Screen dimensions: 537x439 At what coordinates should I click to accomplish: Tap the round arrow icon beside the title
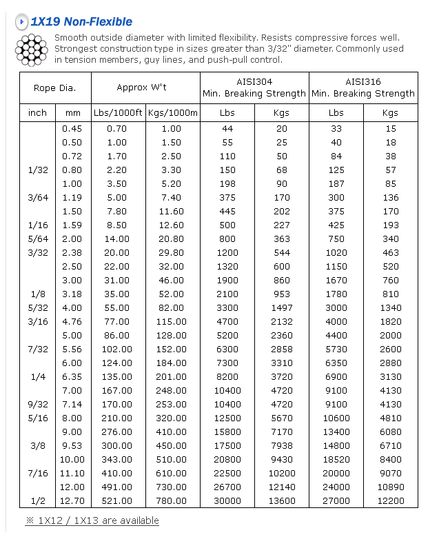22,22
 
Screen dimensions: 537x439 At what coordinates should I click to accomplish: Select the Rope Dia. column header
54,88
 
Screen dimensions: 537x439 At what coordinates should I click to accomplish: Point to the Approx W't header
145,88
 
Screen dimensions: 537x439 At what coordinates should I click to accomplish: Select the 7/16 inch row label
38,473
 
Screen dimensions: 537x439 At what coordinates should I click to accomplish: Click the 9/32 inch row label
38,404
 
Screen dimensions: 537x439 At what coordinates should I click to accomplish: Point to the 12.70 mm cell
72,500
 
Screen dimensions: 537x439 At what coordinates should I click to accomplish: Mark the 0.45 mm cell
72,128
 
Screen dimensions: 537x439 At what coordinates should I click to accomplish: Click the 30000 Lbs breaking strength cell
227,500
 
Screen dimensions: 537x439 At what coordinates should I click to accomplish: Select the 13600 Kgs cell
282,500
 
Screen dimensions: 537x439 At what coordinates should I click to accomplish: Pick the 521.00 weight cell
117,500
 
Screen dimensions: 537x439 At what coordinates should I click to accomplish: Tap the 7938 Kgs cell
282,445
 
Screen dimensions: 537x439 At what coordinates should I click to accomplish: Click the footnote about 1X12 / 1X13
92,520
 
